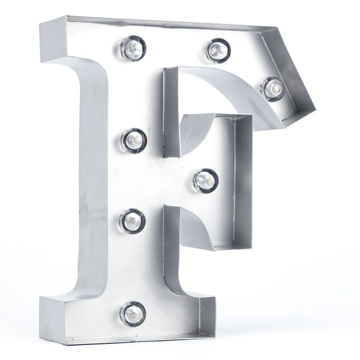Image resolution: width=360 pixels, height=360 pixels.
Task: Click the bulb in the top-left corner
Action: [x=133, y=48]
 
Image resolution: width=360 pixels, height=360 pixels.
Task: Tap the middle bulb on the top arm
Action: [x=218, y=50]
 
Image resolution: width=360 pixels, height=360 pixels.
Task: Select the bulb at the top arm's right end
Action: [x=273, y=89]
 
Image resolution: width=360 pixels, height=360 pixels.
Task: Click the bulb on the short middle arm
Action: [x=205, y=180]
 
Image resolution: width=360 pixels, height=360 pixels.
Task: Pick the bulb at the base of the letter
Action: [x=133, y=313]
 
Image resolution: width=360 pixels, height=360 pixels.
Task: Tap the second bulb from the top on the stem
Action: [x=134, y=140]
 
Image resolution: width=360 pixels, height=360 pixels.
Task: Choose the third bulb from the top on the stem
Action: [x=133, y=221]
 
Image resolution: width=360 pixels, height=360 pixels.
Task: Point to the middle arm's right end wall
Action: [x=244, y=180]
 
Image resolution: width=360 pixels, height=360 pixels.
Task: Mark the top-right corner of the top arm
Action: [x=277, y=27]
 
